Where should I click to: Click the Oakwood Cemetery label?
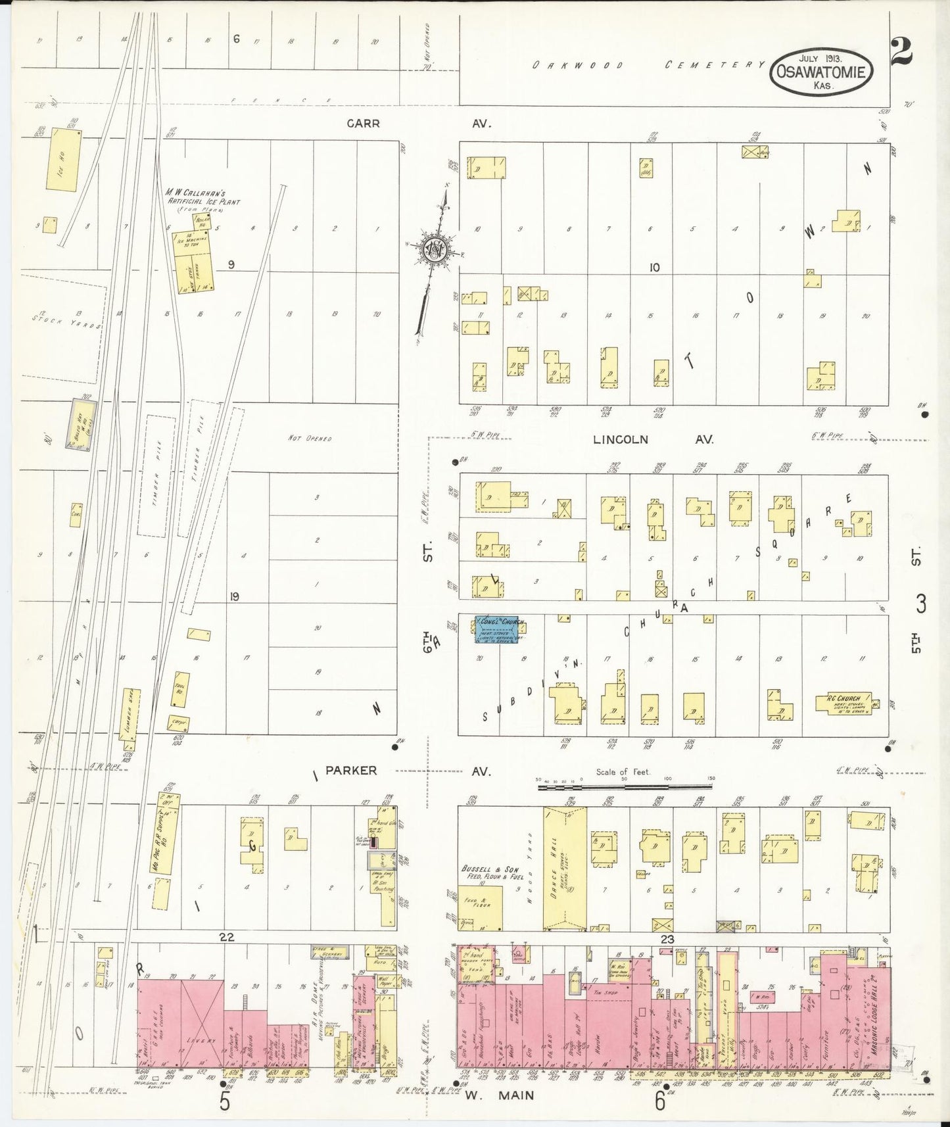coord(648,64)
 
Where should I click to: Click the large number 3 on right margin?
coord(920,603)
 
